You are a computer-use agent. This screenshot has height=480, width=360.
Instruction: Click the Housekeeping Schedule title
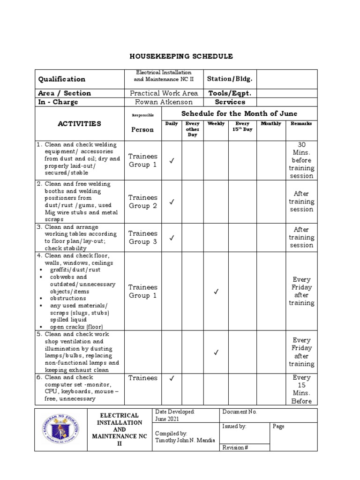click(181, 56)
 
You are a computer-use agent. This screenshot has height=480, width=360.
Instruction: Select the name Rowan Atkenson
click(164, 102)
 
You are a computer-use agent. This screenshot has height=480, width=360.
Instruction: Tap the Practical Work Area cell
click(164, 93)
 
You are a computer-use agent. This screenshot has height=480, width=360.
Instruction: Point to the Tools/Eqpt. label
click(230, 93)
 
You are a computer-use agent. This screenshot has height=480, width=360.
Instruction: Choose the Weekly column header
click(216, 124)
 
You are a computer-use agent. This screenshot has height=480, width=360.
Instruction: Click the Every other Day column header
click(193, 129)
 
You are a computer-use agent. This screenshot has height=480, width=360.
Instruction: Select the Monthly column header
click(270, 124)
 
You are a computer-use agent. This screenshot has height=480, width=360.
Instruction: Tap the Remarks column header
click(301, 124)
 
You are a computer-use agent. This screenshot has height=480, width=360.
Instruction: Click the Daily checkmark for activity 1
click(172, 161)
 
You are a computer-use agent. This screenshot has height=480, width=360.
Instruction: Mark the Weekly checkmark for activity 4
click(216, 292)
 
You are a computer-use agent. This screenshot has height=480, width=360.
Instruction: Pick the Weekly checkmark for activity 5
click(216, 352)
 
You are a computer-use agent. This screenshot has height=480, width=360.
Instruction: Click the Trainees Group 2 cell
click(143, 202)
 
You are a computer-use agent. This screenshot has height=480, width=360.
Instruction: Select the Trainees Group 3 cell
click(143, 238)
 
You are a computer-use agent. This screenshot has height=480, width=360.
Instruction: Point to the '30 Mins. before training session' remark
click(301, 160)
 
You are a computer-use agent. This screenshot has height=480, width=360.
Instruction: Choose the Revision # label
click(236, 448)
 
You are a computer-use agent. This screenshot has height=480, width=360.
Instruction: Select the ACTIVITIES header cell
click(79, 124)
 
